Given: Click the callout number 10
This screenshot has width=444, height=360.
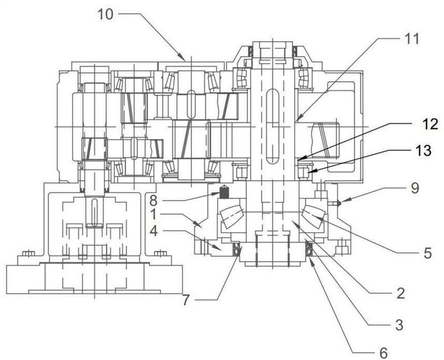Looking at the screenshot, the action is point(105,14).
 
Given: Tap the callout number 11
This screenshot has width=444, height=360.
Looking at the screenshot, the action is point(411,38).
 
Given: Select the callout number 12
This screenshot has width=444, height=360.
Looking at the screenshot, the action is point(430,124).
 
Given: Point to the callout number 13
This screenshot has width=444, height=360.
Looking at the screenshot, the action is point(423,150).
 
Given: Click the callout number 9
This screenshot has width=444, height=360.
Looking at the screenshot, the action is point(415,188).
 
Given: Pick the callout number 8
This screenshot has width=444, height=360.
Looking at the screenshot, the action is point(153,201).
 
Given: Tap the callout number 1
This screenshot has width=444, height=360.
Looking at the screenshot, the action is point(153,214).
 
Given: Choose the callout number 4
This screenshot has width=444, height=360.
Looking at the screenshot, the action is point(153,231).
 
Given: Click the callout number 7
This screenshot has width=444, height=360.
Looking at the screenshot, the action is point(185,301).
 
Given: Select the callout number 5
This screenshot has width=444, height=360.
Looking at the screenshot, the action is point(427,253).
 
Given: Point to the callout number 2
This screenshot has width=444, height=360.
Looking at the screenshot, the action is point(400,294).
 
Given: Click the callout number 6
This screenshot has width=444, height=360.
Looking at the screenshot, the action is point(383,353).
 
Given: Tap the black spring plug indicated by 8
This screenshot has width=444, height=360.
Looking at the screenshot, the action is point(224,192).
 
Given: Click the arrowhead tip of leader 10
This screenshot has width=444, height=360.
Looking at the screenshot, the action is point(185,61).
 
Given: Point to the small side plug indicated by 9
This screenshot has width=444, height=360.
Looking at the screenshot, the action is point(336,203).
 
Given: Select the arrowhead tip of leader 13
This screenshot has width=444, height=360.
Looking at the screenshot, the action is point(307,173).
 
